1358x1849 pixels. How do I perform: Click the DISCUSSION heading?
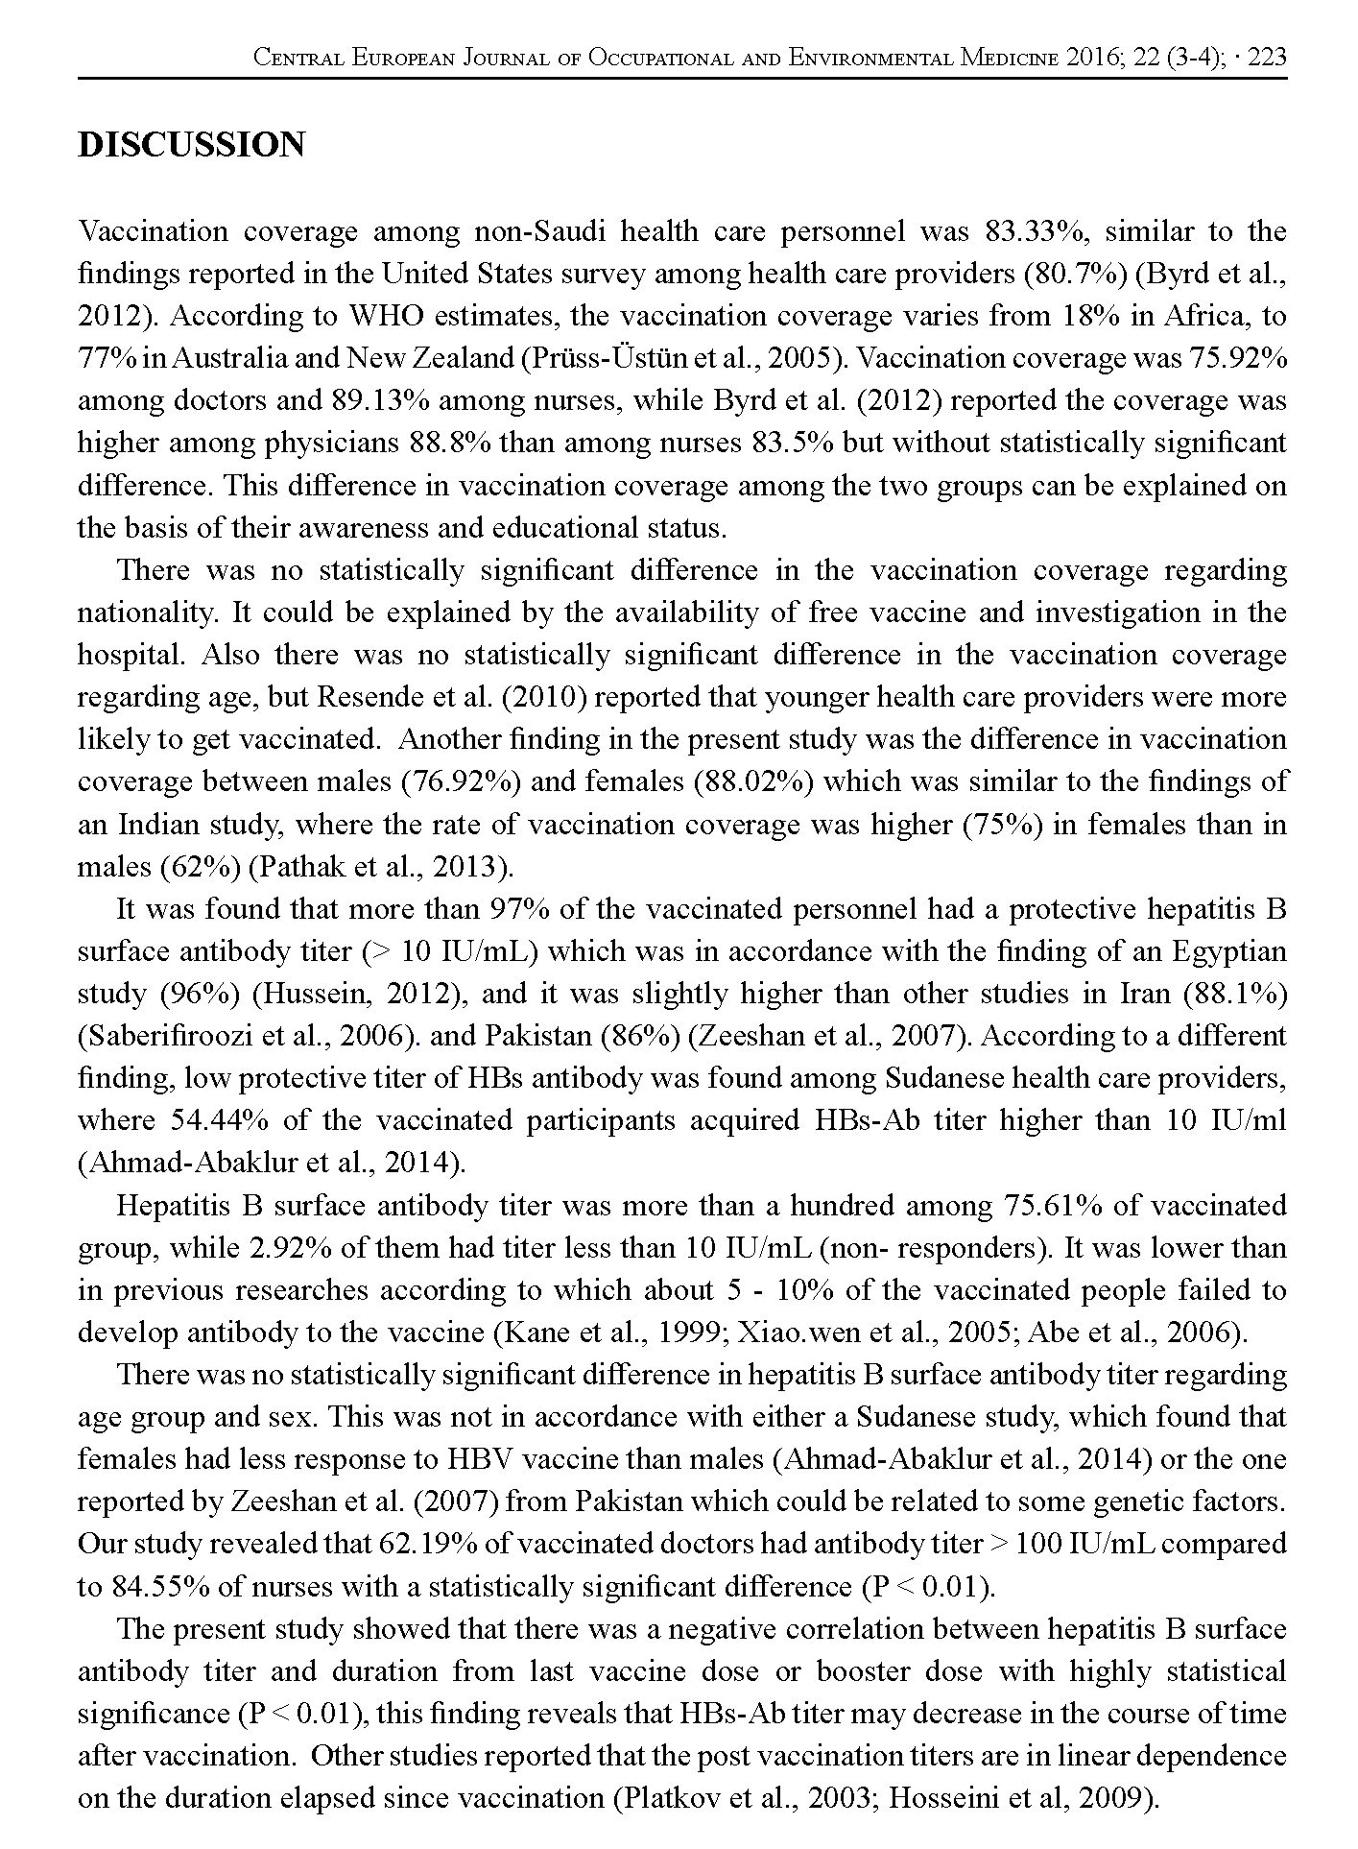[191, 145]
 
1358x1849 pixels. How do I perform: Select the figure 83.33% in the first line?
[1044, 231]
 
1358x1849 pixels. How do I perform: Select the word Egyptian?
[1229, 951]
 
